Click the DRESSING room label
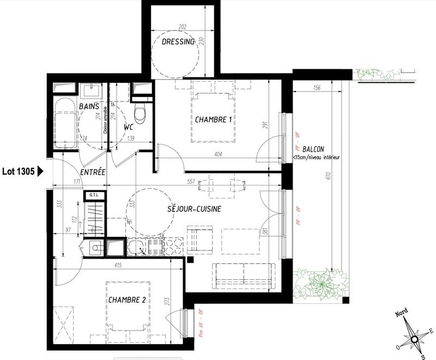tap(178, 42)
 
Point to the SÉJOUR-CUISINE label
tap(195, 209)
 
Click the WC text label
tap(129, 127)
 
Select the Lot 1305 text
tap(19, 171)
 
